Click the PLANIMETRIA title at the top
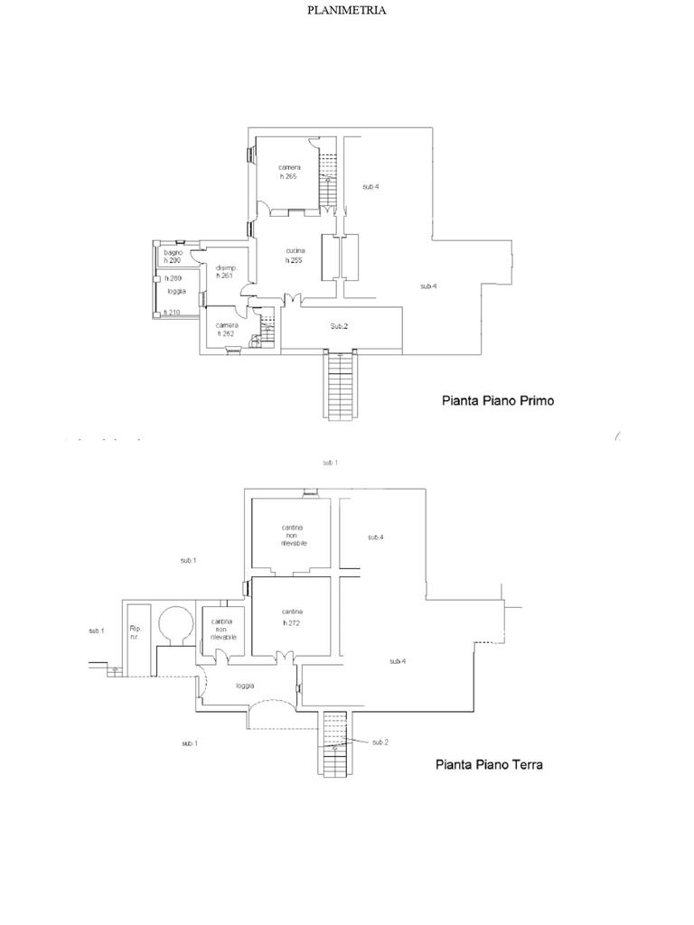[x=347, y=11]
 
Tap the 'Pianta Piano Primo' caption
[x=497, y=400]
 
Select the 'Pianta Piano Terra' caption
[x=489, y=764]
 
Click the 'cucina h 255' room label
[x=295, y=256]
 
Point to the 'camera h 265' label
[x=289, y=172]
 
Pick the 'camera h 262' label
[x=226, y=330]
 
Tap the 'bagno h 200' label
[x=173, y=257]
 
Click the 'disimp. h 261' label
[x=226, y=272]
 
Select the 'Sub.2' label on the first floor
[x=339, y=326]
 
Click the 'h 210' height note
[x=172, y=313]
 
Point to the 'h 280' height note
[x=173, y=278]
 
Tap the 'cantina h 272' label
[x=291, y=617]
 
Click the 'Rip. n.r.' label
[x=136, y=632]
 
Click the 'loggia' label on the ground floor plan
[x=245, y=686]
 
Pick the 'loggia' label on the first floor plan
[x=176, y=291]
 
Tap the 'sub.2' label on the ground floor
[x=380, y=742]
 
